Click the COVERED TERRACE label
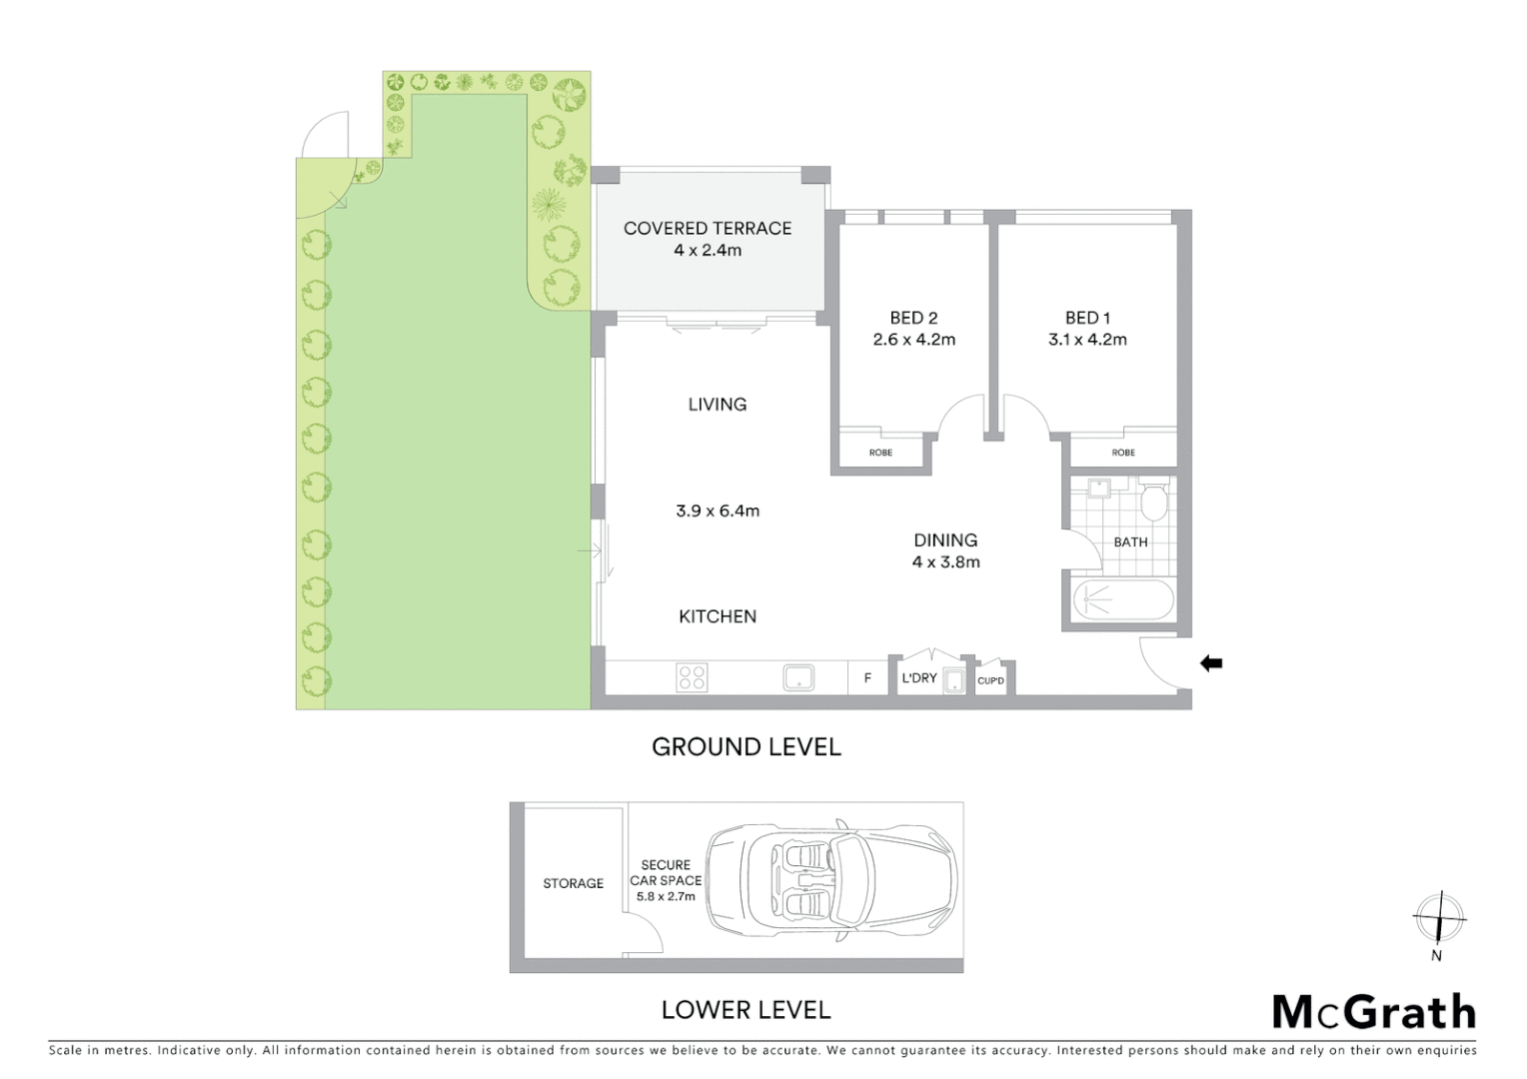coord(707,228)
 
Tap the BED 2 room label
coord(913,318)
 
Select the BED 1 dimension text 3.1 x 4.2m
coord(1087,340)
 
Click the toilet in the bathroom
coord(1154,501)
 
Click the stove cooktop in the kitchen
coord(693,678)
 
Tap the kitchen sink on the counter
coord(798,678)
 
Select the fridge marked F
coord(867,678)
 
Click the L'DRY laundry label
coord(918,677)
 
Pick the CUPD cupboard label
coord(990,681)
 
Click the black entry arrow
coord(1211,662)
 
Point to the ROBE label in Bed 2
coord(880,453)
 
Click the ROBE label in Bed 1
coord(1123,453)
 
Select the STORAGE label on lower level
coord(573,883)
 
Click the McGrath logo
coord(1373,1012)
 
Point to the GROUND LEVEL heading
coord(746,746)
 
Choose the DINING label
coord(945,540)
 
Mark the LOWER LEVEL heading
coord(746,1010)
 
